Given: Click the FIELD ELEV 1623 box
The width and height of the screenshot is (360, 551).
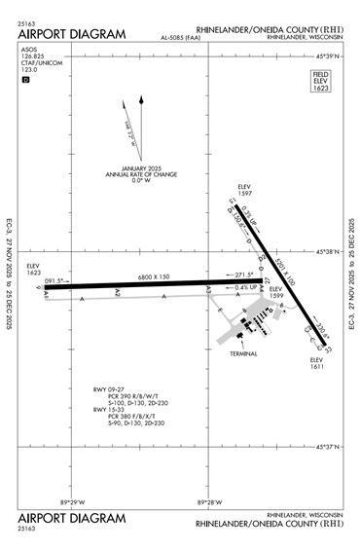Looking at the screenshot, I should tap(321, 81).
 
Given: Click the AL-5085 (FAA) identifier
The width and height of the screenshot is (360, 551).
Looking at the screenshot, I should tap(183, 39).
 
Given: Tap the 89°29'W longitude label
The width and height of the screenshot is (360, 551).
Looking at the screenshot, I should tap(73, 502).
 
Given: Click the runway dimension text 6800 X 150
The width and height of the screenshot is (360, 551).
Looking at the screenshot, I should tap(152, 276).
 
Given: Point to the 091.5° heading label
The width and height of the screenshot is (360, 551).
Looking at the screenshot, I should tap(60, 279).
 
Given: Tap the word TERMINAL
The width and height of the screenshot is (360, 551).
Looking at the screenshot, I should tap(243, 353).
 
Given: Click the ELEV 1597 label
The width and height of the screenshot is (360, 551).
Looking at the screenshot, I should tap(244, 192).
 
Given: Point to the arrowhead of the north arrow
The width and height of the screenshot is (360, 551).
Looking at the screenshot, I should tap(142, 99).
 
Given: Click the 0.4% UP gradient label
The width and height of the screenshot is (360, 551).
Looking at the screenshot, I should tap(245, 287).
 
